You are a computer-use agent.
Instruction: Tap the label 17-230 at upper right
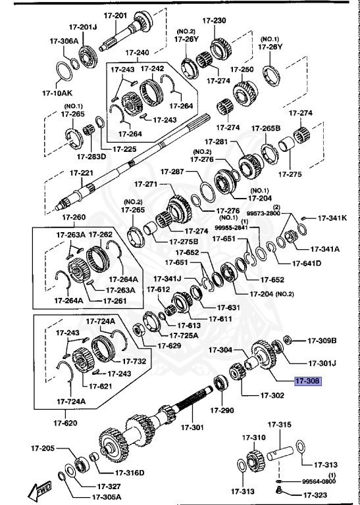click(214, 20)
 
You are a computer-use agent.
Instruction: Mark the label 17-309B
click(322, 341)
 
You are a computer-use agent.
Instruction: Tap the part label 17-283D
click(91, 156)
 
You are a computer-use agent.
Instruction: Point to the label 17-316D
click(129, 472)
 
